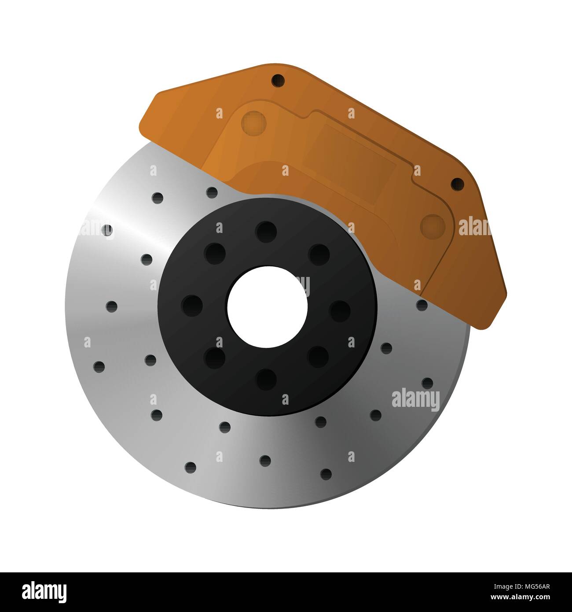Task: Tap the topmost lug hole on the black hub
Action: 266,231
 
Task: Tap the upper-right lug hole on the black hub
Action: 319,254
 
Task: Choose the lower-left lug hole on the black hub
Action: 215,356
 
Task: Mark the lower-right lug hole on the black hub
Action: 319,356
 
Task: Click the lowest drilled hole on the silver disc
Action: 326,474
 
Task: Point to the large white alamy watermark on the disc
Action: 415,399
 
